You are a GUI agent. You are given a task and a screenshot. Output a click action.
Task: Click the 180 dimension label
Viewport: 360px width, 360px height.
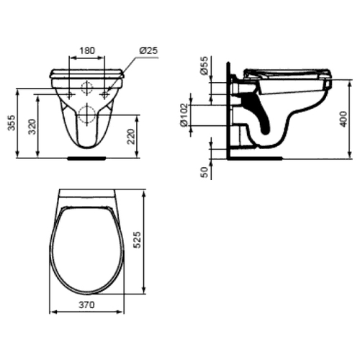[x=87, y=50]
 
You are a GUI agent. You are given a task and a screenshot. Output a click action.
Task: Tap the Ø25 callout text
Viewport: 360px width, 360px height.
[x=148, y=50]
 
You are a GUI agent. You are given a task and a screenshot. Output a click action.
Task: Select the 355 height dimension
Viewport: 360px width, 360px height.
[x=12, y=123]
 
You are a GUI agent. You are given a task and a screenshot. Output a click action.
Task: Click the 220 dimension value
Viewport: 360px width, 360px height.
[x=131, y=136]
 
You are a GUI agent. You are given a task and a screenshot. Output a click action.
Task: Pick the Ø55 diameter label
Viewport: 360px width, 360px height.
[x=204, y=66]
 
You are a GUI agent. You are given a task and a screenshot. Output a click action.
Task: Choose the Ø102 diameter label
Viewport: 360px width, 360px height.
[x=184, y=115]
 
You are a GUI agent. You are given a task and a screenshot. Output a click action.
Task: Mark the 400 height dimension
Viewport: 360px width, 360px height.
[x=343, y=119]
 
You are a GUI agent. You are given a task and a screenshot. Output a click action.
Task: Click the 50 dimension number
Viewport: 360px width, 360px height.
[x=204, y=172]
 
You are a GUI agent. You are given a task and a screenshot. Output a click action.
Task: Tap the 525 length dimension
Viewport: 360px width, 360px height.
[x=137, y=240]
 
